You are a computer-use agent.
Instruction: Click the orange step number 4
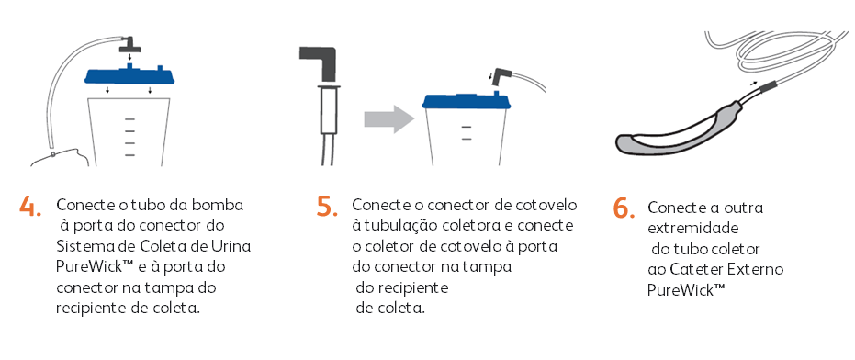[x=30, y=207]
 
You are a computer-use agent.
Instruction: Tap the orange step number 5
[x=327, y=206]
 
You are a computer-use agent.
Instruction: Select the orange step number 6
[x=624, y=208]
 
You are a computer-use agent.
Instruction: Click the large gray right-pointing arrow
[x=388, y=118]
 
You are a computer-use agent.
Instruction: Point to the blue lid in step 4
[x=130, y=74]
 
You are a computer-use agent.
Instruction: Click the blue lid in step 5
[x=467, y=100]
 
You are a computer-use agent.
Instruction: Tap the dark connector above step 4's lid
[x=130, y=44]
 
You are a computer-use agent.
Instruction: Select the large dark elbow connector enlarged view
[x=321, y=65]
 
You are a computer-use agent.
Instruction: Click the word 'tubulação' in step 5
[x=386, y=225]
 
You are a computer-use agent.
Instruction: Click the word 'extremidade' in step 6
[x=693, y=228]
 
